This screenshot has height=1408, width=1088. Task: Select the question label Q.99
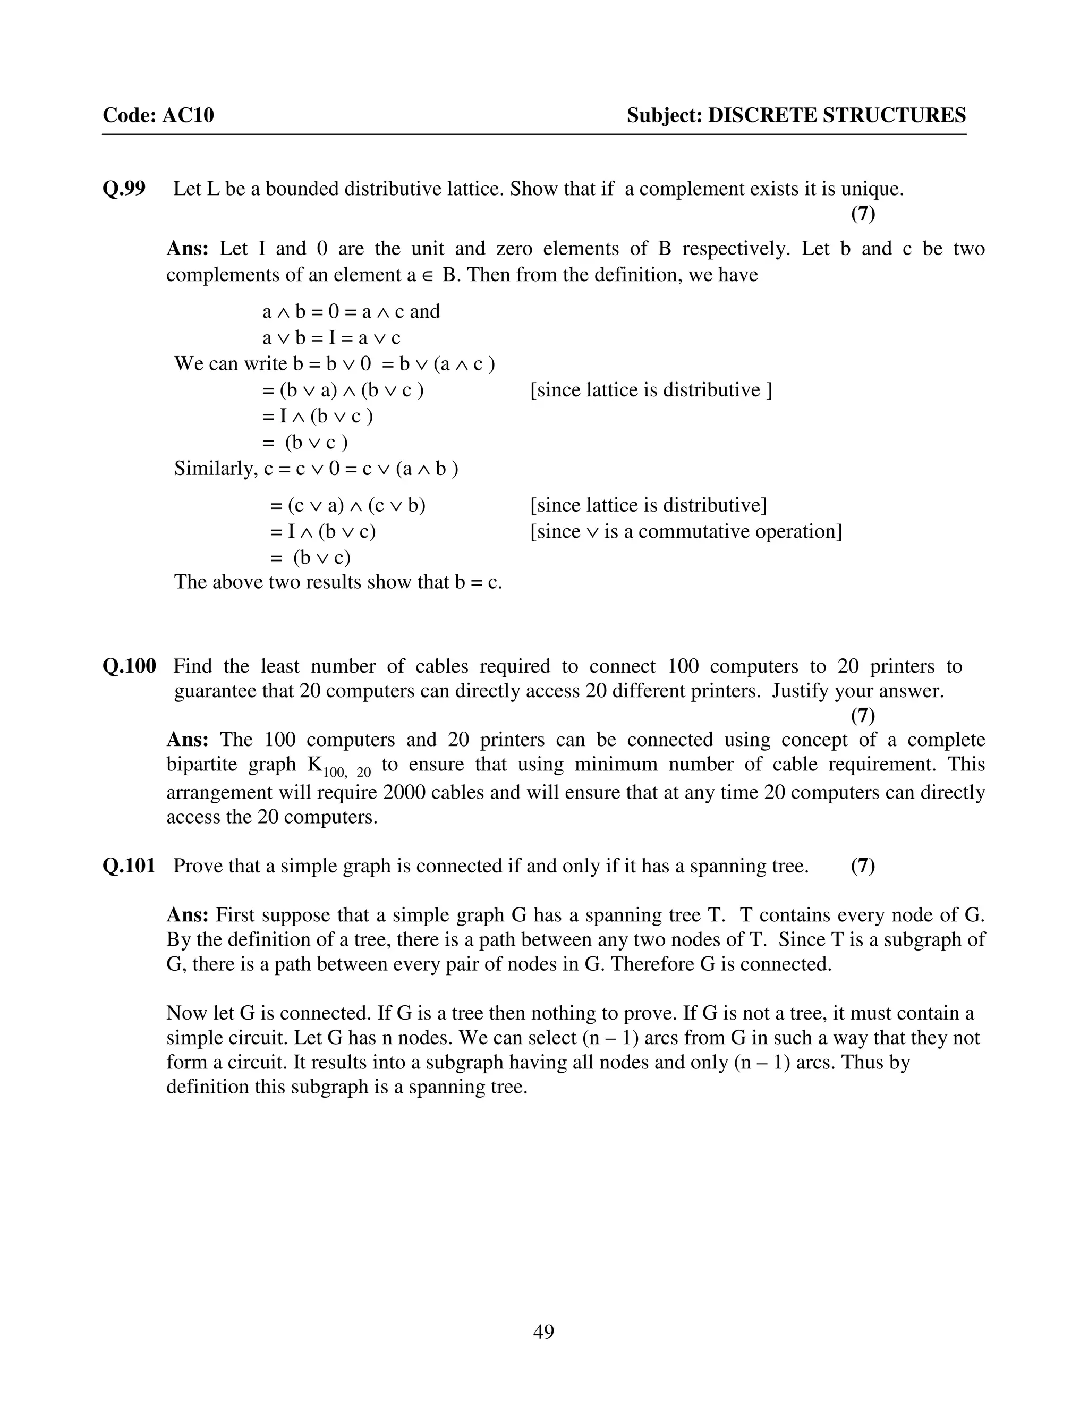pos(124,189)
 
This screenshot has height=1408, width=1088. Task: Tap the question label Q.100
pos(129,666)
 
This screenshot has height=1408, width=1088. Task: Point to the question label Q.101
pos(129,866)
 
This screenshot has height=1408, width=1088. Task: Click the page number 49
pos(543,1332)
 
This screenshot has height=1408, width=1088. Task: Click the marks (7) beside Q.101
pos(862,866)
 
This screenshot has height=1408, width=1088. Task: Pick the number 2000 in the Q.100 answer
pos(404,792)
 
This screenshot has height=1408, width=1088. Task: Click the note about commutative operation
pos(686,531)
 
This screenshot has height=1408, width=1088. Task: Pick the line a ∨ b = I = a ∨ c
pos(331,338)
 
